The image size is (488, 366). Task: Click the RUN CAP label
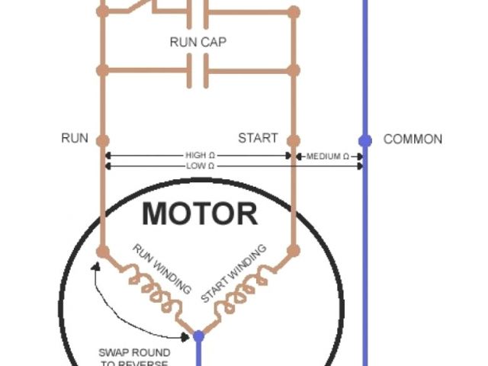197,42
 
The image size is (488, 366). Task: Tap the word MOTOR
200,213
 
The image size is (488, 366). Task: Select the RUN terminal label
75,139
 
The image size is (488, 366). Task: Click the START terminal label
258,139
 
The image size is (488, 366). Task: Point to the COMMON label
413,140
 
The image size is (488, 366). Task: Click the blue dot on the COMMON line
365,140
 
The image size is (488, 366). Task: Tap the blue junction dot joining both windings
198,335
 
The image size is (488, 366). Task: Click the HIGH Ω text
196,156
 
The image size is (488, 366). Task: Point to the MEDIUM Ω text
328,156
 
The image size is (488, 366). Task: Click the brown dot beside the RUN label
103,140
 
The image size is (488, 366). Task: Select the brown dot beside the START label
294,140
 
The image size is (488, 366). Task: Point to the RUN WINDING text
162,268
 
